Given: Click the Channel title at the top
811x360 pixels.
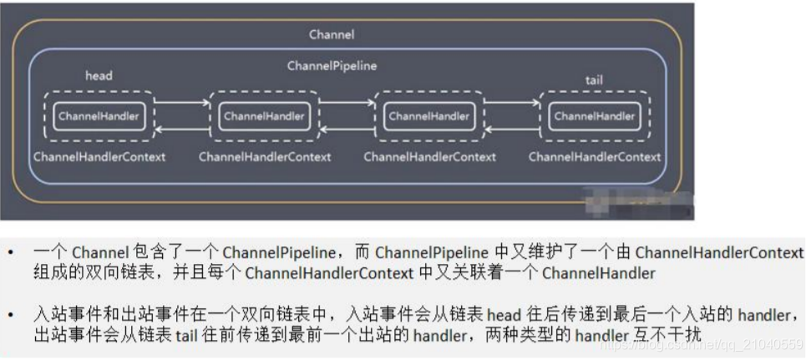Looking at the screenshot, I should click(x=332, y=34).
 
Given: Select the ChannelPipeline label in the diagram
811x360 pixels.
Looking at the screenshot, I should click(x=332, y=65).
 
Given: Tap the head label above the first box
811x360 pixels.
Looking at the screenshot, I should click(x=99, y=76).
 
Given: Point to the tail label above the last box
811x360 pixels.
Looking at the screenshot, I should click(x=594, y=80).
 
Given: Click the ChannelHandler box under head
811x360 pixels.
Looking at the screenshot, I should click(x=98, y=116).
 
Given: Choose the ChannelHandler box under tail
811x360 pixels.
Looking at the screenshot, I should click(x=594, y=116).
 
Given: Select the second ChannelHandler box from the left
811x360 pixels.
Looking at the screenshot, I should click(x=264, y=116).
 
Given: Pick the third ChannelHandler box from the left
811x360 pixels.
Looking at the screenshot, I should click(x=429, y=116).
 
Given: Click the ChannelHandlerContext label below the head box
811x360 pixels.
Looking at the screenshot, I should click(x=99, y=156).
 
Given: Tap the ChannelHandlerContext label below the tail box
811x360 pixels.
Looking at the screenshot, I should click(x=595, y=156).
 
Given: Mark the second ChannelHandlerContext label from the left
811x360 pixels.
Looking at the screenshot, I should click(x=265, y=156).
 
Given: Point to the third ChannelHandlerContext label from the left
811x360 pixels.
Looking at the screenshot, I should click(x=429, y=156).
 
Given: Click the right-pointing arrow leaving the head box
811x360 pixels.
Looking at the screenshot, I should click(x=182, y=104).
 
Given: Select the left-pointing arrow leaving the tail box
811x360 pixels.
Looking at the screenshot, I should click(x=514, y=129).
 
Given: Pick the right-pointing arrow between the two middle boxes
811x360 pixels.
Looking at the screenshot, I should click(x=347, y=104).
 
